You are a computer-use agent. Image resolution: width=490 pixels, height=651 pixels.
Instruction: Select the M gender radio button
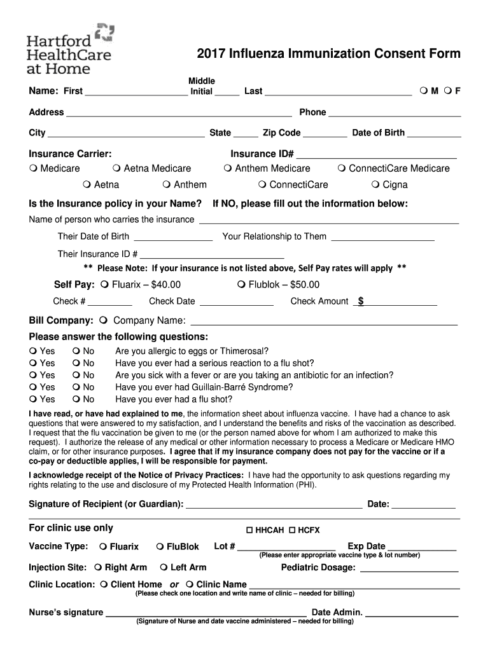(x=424, y=91)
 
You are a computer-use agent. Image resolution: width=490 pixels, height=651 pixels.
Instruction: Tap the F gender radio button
(x=448, y=91)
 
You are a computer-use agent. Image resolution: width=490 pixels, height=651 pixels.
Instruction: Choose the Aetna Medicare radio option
(x=117, y=168)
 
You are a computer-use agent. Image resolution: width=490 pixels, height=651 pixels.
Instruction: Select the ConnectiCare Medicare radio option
(x=342, y=168)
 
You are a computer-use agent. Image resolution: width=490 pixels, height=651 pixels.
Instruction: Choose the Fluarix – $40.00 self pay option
(x=105, y=284)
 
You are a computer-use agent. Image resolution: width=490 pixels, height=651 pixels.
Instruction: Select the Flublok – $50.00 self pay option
(x=241, y=284)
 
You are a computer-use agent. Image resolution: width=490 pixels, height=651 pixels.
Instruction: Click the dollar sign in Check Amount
(x=361, y=301)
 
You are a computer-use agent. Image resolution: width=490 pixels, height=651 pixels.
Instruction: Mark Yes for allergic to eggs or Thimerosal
(x=33, y=351)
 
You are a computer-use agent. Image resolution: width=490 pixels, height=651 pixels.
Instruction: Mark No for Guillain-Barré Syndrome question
(x=76, y=387)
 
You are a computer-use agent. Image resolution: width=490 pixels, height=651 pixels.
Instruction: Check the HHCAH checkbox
(x=250, y=530)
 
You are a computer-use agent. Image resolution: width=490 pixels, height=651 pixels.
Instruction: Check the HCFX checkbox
(x=292, y=530)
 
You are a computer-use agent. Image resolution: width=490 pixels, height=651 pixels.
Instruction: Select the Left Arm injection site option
(x=164, y=568)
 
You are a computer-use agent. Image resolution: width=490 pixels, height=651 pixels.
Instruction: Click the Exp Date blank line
(x=421, y=547)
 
